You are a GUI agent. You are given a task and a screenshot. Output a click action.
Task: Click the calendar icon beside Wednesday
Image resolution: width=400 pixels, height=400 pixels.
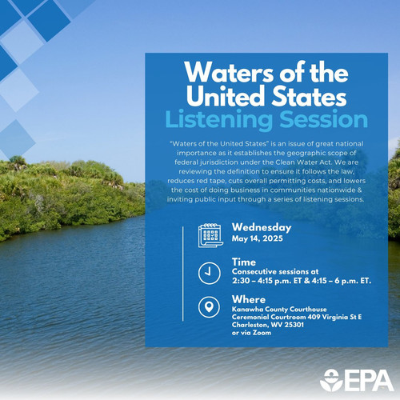210,235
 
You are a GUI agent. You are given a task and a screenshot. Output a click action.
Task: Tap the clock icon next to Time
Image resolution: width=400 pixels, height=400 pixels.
210,274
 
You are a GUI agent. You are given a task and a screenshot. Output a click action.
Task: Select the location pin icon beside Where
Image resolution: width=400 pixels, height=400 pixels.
210,307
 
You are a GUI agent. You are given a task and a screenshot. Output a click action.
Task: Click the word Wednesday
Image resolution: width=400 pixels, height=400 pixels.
262,227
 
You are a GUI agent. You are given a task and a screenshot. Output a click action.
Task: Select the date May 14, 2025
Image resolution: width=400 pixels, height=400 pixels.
258,238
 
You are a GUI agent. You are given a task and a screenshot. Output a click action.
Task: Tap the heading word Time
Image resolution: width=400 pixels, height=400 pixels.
244,262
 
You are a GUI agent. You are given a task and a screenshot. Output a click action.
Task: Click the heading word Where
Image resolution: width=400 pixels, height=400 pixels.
249,299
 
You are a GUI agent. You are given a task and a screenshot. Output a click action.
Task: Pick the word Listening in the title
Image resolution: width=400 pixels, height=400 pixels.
218,120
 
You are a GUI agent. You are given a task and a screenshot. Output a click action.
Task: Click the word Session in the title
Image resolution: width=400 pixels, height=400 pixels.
324,119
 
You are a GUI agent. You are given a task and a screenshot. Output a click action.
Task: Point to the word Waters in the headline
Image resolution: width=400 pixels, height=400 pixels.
229,73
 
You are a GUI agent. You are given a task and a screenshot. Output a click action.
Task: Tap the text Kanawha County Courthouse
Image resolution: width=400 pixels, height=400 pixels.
279,310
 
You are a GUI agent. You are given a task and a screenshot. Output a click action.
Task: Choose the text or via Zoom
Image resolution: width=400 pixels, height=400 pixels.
251,333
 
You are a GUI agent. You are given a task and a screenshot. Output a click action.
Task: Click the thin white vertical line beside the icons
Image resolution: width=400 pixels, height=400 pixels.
183,274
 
